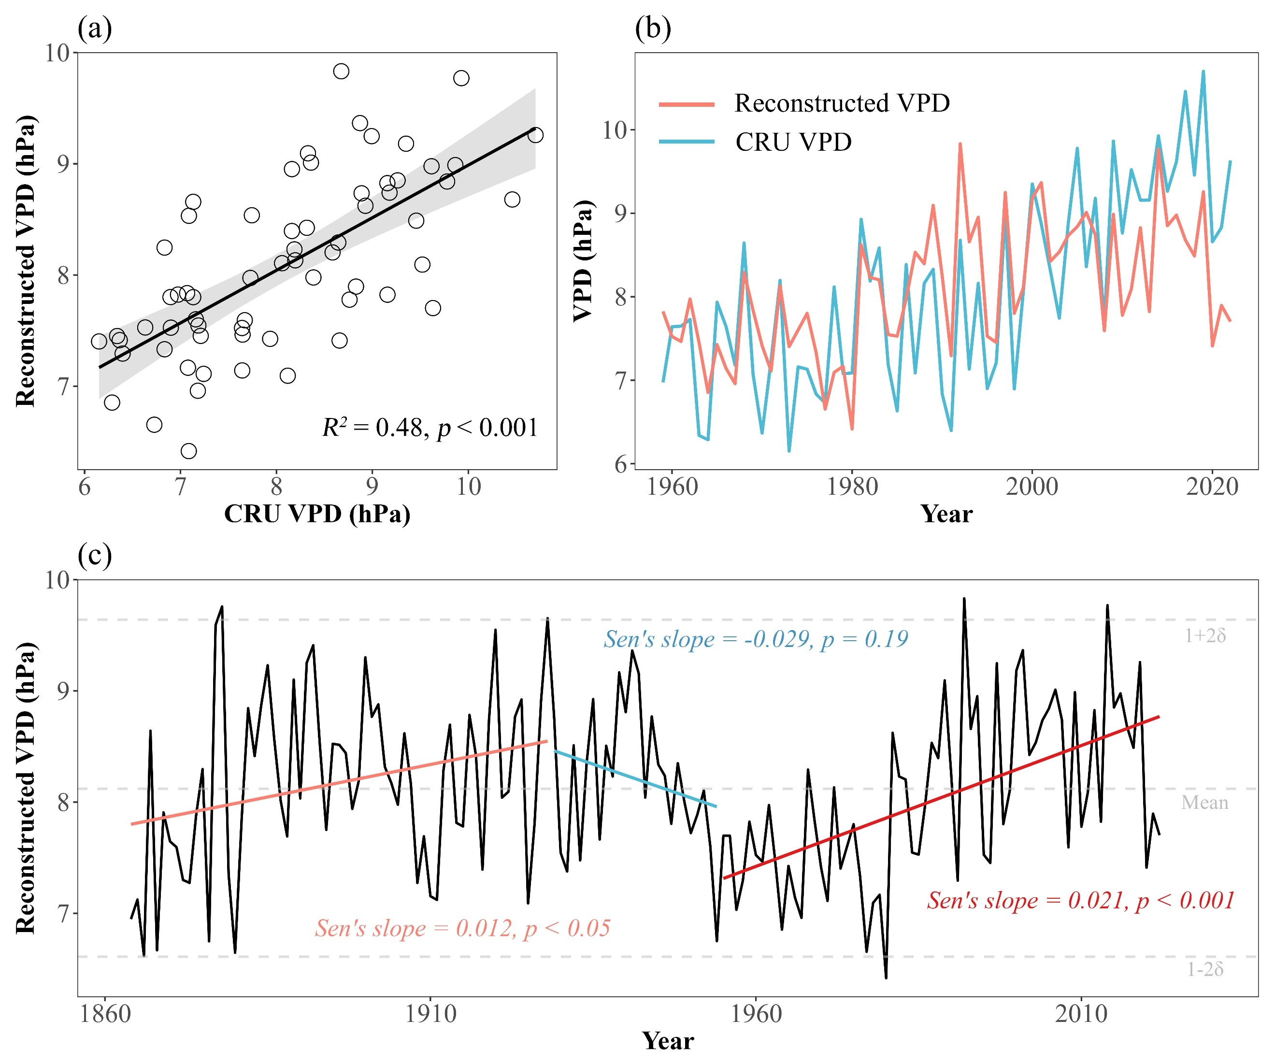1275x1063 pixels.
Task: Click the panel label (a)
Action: (95, 29)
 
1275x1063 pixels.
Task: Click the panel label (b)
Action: (653, 29)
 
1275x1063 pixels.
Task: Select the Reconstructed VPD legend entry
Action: (842, 103)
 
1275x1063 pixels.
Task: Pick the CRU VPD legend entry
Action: (793, 142)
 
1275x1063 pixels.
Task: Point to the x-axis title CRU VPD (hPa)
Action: (317, 514)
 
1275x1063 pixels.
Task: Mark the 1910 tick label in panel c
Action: (430, 1014)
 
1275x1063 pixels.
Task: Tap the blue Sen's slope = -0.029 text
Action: (755, 639)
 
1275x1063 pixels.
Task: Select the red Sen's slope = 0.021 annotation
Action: (1081, 900)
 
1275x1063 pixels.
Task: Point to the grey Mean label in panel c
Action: (1204, 803)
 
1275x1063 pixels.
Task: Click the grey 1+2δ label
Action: (1205, 635)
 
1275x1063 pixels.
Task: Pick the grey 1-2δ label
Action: (1205, 970)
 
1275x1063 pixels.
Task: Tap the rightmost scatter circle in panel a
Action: (535, 135)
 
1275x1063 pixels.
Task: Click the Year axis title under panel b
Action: (946, 514)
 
